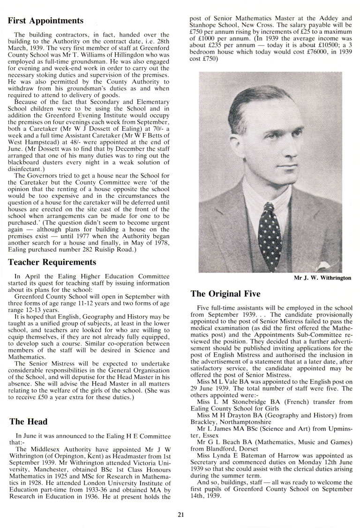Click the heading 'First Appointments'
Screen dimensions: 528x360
(46, 21)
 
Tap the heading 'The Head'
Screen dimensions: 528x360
(28, 422)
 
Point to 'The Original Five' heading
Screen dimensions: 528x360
(225, 294)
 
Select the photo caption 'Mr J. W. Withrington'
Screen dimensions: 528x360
(322, 278)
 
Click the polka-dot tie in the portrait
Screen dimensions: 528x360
(270, 230)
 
